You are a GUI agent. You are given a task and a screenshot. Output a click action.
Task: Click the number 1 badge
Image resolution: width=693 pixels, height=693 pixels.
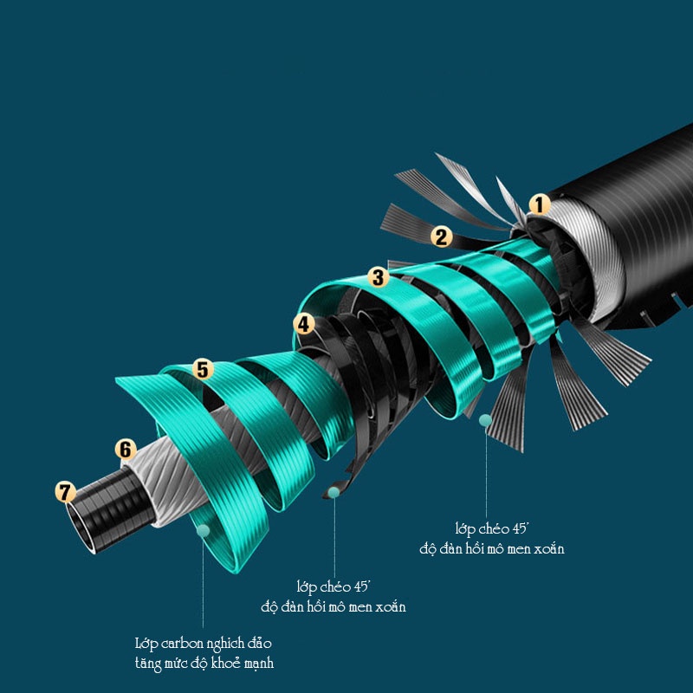tap(539, 204)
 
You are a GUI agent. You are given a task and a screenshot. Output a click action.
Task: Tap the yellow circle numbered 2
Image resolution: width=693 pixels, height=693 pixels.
tap(442, 236)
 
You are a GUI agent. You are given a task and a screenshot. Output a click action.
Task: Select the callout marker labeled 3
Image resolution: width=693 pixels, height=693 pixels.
tap(379, 277)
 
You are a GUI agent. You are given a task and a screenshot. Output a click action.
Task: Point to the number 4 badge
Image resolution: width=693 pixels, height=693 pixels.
tap(304, 325)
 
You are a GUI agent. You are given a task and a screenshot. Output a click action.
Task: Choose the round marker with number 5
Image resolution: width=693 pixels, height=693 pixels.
tap(203, 369)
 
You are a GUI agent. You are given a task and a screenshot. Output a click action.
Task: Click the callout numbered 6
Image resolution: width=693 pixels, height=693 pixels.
tap(126, 450)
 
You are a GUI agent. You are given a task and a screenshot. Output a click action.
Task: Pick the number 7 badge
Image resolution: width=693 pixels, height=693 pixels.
tap(66, 492)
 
